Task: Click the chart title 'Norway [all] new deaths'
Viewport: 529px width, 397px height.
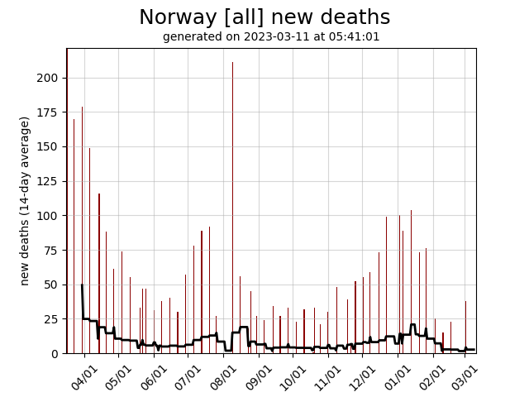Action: [x=264, y=17]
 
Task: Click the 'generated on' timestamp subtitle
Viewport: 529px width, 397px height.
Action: [x=271, y=36]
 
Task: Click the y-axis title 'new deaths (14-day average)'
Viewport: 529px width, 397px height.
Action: [x=25, y=201]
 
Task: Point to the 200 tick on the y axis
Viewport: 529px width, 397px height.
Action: [x=51, y=78]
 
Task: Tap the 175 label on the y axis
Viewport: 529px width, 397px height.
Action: [x=51, y=112]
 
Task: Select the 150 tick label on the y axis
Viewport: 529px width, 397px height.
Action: [x=51, y=146]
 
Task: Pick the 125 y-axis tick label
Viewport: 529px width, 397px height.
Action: [x=51, y=181]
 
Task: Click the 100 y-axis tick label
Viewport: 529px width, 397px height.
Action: [x=51, y=216]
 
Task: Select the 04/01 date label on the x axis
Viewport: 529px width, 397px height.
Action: [x=85, y=376]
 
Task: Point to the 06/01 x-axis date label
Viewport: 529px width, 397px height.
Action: [x=155, y=376]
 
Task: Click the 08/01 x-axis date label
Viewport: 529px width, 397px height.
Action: [x=225, y=376]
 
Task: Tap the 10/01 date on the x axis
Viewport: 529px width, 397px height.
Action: [x=294, y=376]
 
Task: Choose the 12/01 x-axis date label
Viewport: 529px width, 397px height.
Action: [x=364, y=376]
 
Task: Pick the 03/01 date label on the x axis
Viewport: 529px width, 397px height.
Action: [x=465, y=376]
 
